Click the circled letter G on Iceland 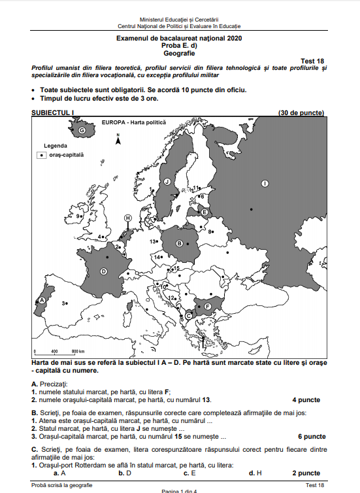[x=82, y=131]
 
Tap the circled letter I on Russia [x=265, y=184]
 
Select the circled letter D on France [x=103, y=271]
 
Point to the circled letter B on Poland [x=179, y=244]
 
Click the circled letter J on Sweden [x=167, y=182]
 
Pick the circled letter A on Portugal [x=42, y=300]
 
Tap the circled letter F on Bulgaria [x=208, y=305]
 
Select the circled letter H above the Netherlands [x=128, y=218]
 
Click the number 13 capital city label [x=154, y=242]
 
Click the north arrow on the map [x=118, y=139]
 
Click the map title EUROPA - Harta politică [x=134, y=122]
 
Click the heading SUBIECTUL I [x=54, y=112]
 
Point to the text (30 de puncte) [x=301, y=112]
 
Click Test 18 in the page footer [x=314, y=485]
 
